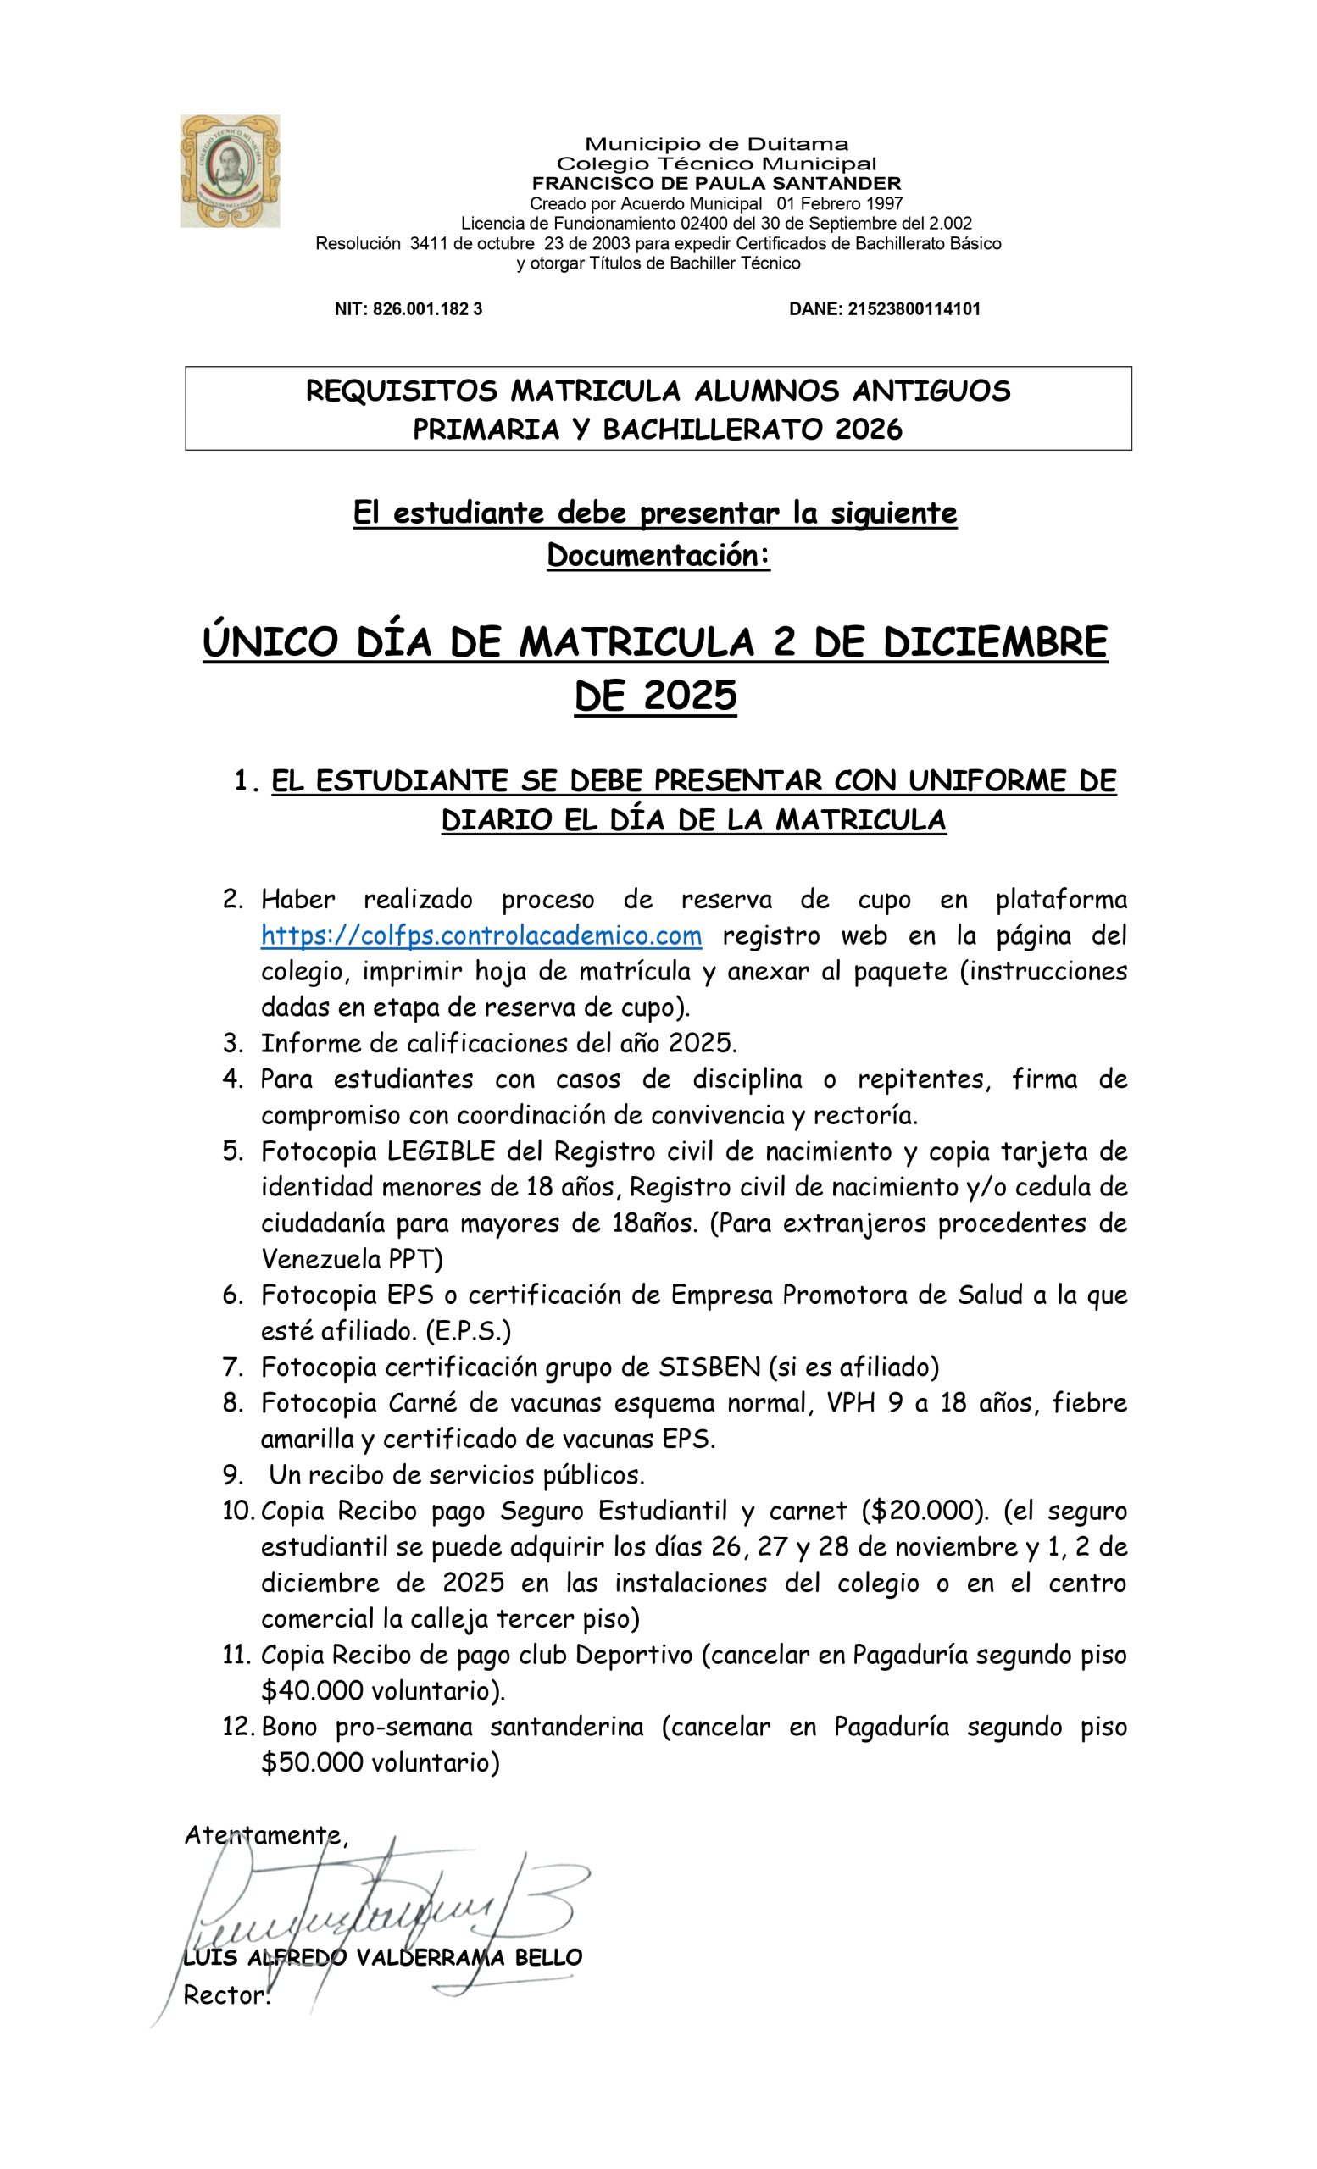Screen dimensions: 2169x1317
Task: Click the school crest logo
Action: click(230, 171)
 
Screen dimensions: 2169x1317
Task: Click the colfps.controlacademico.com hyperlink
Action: click(481, 935)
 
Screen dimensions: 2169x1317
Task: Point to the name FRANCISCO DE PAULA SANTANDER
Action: click(716, 183)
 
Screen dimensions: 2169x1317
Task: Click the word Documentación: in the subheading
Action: click(658, 556)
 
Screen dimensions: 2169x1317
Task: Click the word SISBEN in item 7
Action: click(709, 1367)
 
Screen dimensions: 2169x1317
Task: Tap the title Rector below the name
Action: click(225, 1995)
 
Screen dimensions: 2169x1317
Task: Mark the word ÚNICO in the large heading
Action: click(270, 641)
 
